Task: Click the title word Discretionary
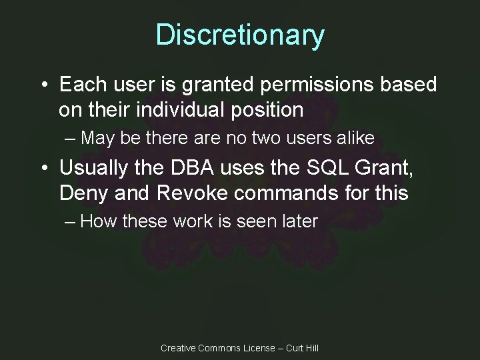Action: pos(240,35)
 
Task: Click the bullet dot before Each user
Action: pos(45,85)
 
